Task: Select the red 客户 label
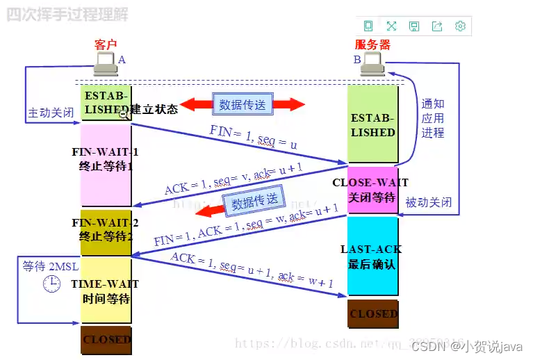[106, 44]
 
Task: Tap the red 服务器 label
[373, 44]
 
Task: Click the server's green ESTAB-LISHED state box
[372, 125]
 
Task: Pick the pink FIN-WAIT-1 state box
[106, 165]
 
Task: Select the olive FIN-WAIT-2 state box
[106, 232]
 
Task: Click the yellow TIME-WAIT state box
[106, 291]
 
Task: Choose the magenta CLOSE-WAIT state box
[372, 190]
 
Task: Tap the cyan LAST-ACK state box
[372, 256]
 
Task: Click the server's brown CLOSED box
[372, 313]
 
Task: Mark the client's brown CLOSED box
[106, 340]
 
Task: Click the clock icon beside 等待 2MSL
[51, 283]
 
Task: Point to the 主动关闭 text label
[49, 113]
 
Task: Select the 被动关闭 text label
[428, 202]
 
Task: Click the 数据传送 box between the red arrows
[243, 105]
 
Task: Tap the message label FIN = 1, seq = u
[253, 138]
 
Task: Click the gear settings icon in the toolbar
[459, 26]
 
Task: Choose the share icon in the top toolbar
[436, 26]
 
